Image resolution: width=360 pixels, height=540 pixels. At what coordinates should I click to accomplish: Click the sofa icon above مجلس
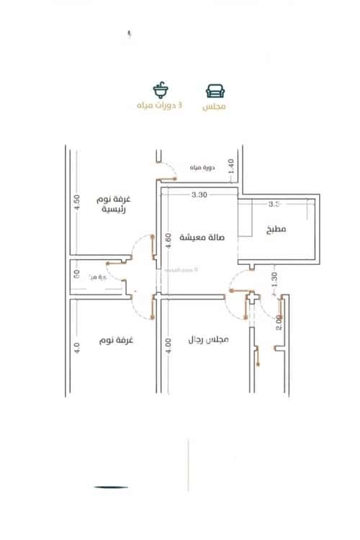215,91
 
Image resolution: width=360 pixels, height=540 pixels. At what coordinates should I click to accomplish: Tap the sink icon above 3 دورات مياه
160,91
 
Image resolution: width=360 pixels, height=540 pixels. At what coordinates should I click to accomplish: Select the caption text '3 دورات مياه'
160,106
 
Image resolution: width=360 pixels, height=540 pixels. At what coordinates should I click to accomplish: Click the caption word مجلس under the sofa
215,106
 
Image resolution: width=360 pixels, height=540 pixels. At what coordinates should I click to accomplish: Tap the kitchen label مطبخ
275,229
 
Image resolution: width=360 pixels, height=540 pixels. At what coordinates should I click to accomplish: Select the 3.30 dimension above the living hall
199,195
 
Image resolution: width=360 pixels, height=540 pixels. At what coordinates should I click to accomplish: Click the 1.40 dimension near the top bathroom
231,165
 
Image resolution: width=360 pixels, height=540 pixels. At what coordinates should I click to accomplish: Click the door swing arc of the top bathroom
168,171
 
